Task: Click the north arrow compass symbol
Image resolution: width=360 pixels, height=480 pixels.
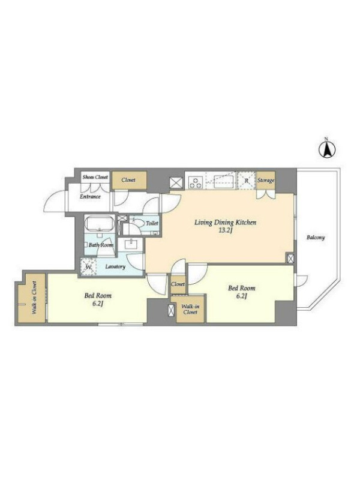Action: click(x=327, y=149)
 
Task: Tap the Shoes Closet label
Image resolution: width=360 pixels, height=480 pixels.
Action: click(x=95, y=177)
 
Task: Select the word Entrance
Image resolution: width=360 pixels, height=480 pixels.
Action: click(x=90, y=197)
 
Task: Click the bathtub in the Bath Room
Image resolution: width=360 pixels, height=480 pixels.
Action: click(x=99, y=224)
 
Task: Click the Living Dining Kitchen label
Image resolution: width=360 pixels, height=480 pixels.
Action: click(x=226, y=222)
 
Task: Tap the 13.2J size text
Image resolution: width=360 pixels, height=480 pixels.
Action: click(x=226, y=230)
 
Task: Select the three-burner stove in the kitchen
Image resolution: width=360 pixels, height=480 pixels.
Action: click(x=196, y=181)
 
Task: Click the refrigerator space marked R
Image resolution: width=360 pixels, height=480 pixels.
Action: click(x=247, y=181)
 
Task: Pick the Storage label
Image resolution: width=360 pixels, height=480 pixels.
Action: click(x=266, y=181)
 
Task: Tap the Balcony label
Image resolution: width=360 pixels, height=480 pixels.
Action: click(x=316, y=237)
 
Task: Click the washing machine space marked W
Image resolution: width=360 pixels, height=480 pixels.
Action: click(x=88, y=266)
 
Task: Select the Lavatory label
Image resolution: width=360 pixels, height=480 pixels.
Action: click(x=115, y=266)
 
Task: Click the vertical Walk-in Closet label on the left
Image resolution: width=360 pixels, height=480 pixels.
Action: click(x=34, y=298)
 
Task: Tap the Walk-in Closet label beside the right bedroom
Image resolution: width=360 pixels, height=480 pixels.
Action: click(x=190, y=309)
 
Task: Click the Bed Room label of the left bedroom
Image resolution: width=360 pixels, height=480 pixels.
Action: click(x=98, y=296)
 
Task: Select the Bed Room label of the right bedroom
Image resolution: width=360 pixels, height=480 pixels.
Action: click(x=242, y=288)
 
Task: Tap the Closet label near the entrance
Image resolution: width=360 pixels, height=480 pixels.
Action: click(x=128, y=180)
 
